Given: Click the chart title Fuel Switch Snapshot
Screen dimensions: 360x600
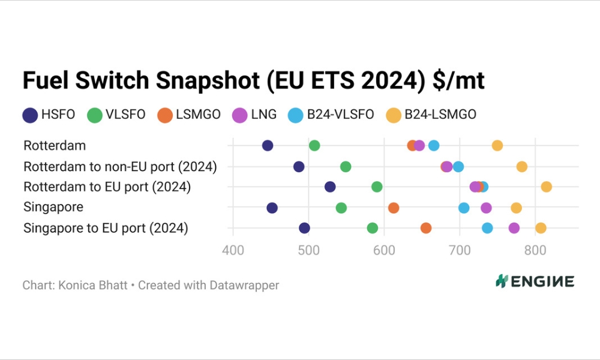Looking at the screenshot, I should [x=253, y=80].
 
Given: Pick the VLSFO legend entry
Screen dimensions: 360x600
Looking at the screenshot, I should [x=116, y=114].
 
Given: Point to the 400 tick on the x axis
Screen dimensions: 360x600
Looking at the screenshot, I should [x=233, y=250].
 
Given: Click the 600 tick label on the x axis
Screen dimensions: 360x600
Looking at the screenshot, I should [x=384, y=250].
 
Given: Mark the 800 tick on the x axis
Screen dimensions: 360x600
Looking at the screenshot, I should [x=535, y=250].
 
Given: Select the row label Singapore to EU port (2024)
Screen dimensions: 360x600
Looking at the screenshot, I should [x=106, y=228].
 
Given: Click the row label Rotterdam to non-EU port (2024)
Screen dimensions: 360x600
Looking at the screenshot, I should [x=120, y=166].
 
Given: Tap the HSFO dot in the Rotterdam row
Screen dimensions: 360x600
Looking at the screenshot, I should [x=268, y=146].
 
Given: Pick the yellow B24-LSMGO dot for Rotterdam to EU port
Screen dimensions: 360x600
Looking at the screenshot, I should [x=546, y=187].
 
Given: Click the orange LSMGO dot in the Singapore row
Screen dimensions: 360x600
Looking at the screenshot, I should [x=394, y=208].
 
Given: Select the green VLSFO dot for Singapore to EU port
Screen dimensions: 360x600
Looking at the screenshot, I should [x=373, y=228].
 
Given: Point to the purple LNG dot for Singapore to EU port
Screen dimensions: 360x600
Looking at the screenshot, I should [x=514, y=228].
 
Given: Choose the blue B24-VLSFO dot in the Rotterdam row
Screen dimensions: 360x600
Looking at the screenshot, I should [x=434, y=146].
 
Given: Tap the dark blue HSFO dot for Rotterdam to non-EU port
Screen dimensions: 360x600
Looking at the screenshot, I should [x=299, y=166].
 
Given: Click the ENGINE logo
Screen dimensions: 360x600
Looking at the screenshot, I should [x=535, y=281].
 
